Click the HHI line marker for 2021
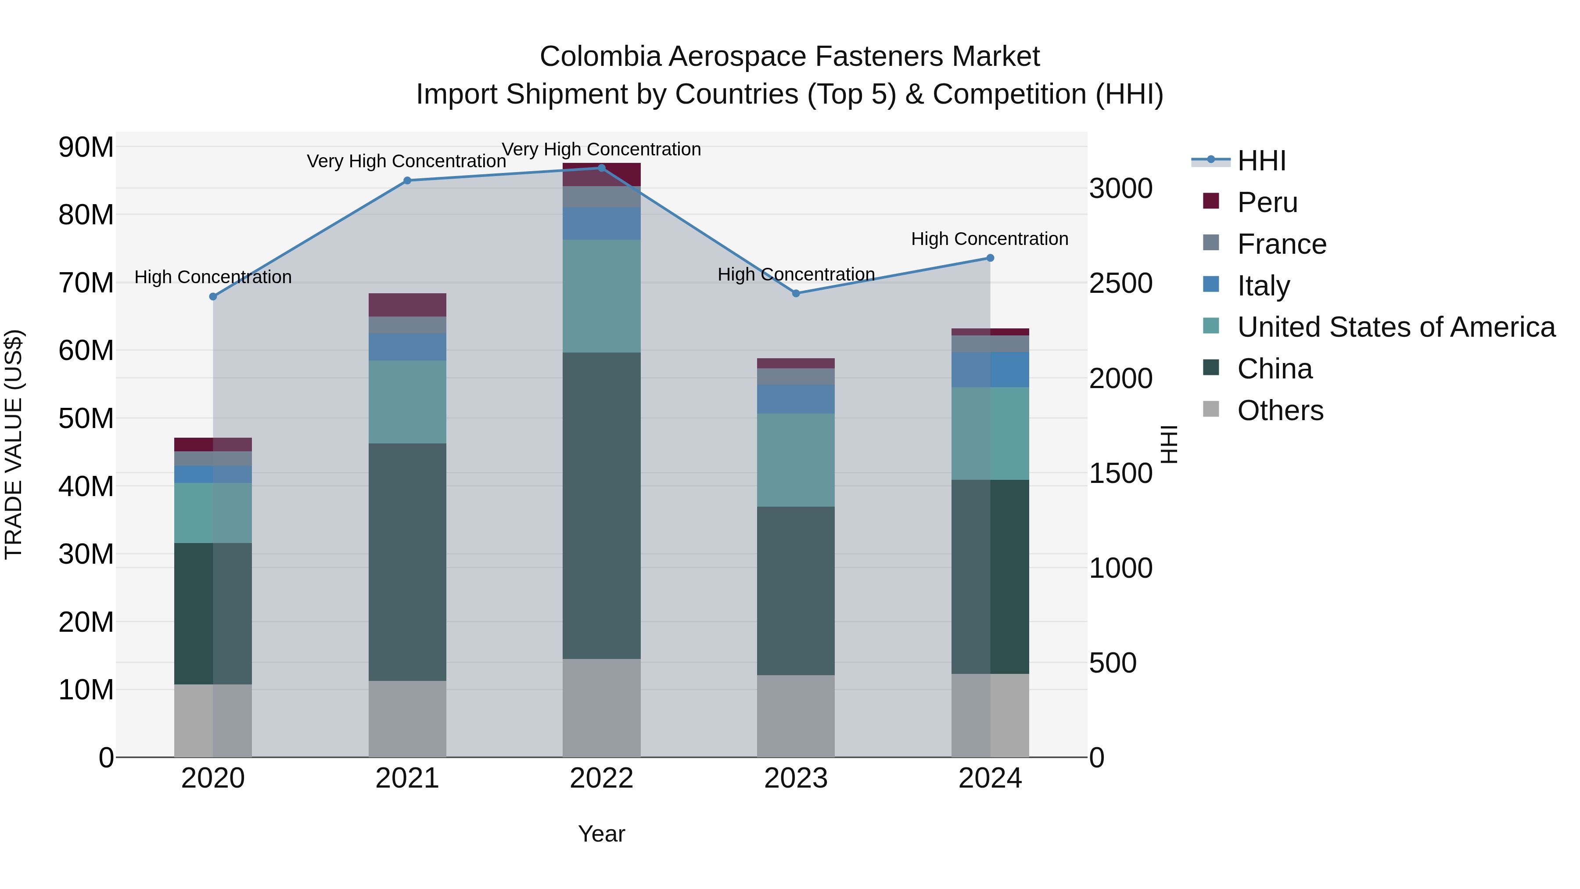(407, 180)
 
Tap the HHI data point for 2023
(796, 293)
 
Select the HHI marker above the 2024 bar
(990, 258)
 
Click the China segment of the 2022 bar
(602, 506)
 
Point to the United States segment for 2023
(796, 460)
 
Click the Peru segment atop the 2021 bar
(407, 305)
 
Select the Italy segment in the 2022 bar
(602, 223)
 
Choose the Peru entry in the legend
(1267, 202)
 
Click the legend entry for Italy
(1264, 285)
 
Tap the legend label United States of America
(1396, 327)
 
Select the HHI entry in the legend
(1261, 161)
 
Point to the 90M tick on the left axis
(86, 147)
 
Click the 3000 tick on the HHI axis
(1120, 188)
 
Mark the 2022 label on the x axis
(602, 778)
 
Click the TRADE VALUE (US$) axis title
(14, 444)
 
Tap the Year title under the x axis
(602, 834)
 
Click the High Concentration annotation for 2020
(213, 277)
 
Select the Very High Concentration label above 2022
(601, 149)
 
